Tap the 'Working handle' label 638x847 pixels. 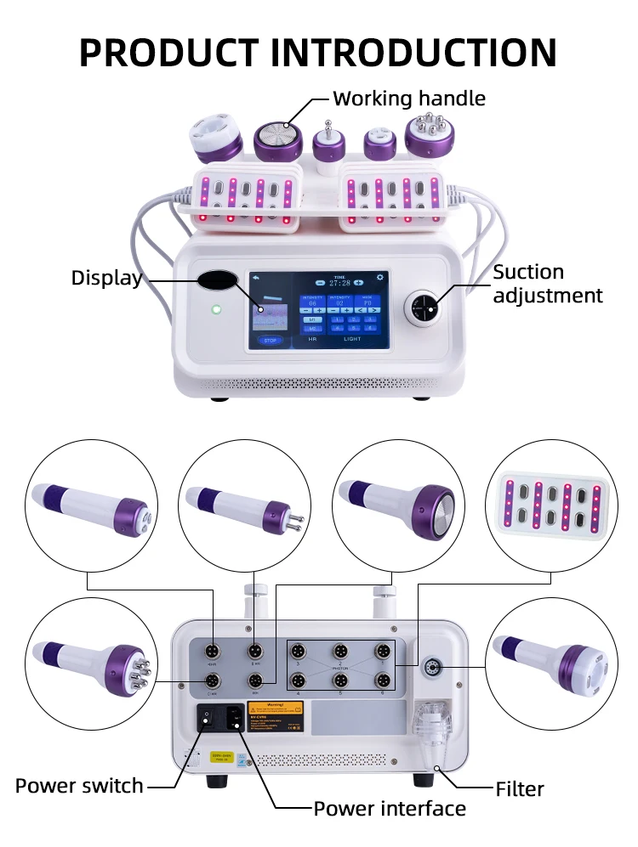point(408,99)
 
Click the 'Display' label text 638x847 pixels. point(106,278)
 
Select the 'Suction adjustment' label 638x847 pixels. point(547,284)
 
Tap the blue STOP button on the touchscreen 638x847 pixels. point(270,340)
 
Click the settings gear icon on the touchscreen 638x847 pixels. point(379,278)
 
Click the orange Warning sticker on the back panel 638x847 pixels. point(275,708)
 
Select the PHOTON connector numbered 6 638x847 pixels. point(383,680)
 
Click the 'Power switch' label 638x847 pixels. point(79,786)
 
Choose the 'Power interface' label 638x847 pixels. point(390,808)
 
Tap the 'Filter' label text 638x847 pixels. point(519,789)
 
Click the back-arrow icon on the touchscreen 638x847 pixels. point(255,278)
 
